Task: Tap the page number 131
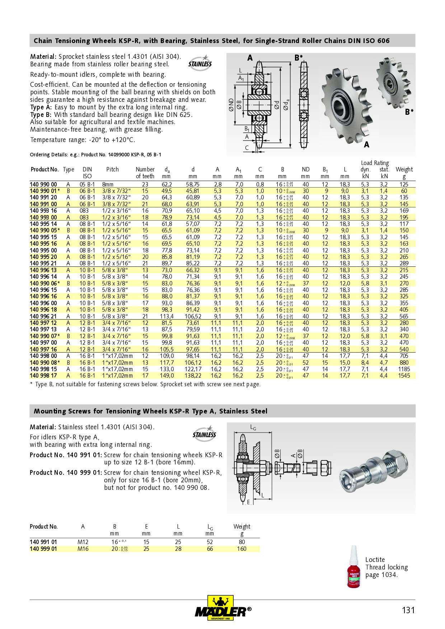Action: pyautogui.click(x=408, y=610)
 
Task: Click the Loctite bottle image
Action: pyautogui.click(x=353, y=567)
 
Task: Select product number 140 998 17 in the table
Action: pyautogui.click(x=43, y=376)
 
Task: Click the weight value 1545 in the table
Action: pyautogui.click(x=404, y=376)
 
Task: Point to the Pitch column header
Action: pyautogui.click(x=112, y=169)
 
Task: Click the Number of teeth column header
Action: pyautogui.click(x=145, y=172)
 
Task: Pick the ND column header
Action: pyautogui.click(x=305, y=169)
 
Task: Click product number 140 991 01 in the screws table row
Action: pyautogui.click(x=43, y=542)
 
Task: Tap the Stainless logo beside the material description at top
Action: pyautogui.click(x=200, y=63)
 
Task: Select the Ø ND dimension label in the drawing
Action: pyautogui.click(x=231, y=105)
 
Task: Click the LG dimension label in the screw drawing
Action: pyautogui.click(x=253, y=428)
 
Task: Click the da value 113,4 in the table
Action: pyautogui.click(x=167, y=316)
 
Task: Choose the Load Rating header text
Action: pyautogui.click(x=375, y=163)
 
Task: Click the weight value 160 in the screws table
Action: pyautogui.click(x=242, y=549)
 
